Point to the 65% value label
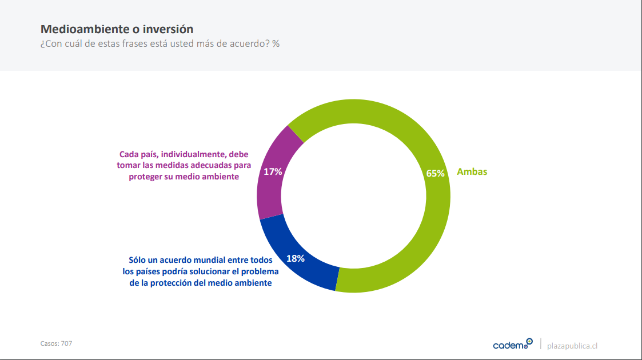coord(435,174)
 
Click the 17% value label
coord(273,172)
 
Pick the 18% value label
coord(295,258)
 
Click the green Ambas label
coord(472,172)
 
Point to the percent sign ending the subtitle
coord(276,44)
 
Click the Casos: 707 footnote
coord(56,343)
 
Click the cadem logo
coord(513,344)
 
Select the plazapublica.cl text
coord(572,346)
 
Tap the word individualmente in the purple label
coord(193,154)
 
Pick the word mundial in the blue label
coord(209,260)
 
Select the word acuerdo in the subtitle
coord(252,44)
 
